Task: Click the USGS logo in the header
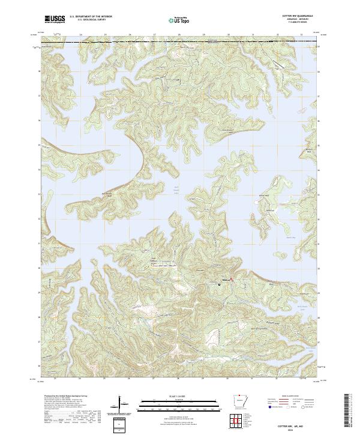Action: (55, 19)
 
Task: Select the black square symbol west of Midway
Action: (219, 284)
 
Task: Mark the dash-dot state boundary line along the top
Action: (180, 41)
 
